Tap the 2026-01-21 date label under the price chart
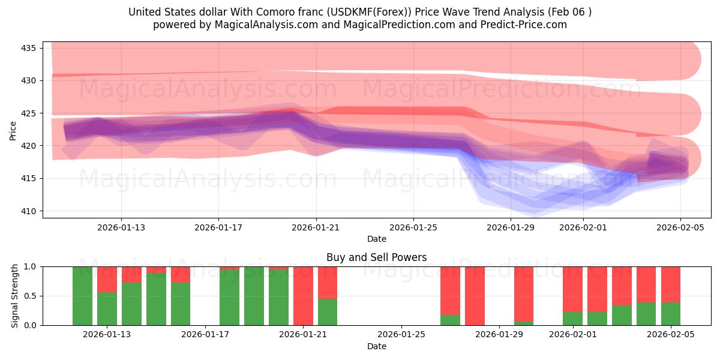point(316,227)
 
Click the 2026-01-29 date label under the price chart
point(510,227)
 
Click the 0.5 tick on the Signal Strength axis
point(31,296)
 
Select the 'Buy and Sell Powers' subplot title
point(376,257)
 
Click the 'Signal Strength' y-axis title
point(15,296)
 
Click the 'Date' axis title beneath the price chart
point(376,239)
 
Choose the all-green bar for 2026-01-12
point(82,296)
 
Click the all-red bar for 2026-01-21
point(303,296)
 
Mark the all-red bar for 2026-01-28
point(475,296)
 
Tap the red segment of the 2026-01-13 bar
point(107,279)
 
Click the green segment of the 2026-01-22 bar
point(328,312)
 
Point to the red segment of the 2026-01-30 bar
point(524,293)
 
